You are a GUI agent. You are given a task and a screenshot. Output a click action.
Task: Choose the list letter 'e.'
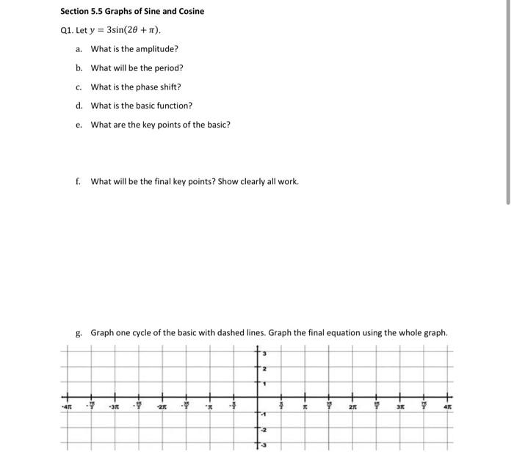coord(79,125)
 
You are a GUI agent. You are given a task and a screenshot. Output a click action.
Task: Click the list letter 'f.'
coord(79,181)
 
